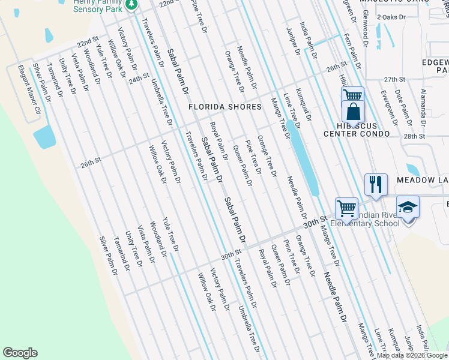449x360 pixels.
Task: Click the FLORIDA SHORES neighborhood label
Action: (x=225, y=107)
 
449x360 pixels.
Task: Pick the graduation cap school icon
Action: (x=408, y=208)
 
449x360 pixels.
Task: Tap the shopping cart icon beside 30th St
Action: (x=346, y=208)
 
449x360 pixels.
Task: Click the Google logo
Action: (x=20, y=353)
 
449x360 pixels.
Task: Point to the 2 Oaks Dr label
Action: (x=388, y=17)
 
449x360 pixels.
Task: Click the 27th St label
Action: (x=395, y=79)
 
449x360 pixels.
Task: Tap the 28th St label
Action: (x=414, y=137)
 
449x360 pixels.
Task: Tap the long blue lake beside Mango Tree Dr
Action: (x=303, y=157)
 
